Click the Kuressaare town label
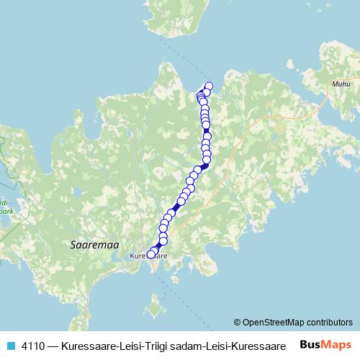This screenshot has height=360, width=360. pos(148,256)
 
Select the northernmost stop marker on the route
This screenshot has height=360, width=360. pos(209,87)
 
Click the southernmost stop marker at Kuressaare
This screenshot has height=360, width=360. pos(151,253)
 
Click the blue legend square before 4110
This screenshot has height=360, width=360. pos(9,344)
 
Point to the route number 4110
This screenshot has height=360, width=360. pos(32,344)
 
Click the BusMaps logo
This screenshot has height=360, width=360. pos(325,344)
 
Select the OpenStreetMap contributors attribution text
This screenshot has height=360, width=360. pos(297,322)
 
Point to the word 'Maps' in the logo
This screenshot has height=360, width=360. pos(336,344)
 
